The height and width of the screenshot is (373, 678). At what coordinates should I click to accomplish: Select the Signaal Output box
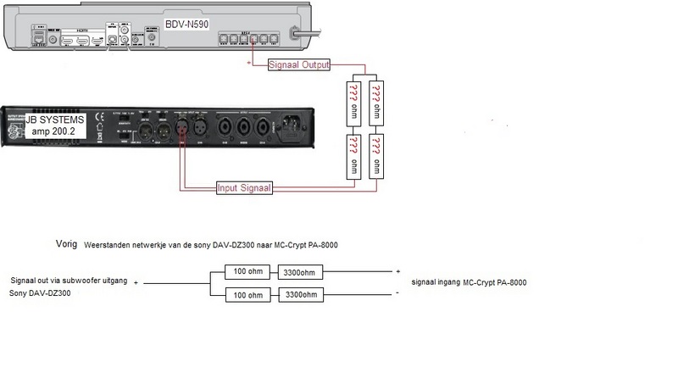(298, 64)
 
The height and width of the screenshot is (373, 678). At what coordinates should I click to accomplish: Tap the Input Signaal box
(244, 187)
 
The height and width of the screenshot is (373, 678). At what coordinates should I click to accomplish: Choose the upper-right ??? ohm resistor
(377, 103)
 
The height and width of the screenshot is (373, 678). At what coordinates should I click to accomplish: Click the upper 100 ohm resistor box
(248, 271)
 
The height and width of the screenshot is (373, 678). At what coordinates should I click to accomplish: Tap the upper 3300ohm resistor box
(301, 271)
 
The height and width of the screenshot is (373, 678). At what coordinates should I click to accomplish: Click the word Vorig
(66, 244)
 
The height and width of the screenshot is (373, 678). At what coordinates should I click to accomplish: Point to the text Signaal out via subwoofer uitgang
(69, 279)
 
